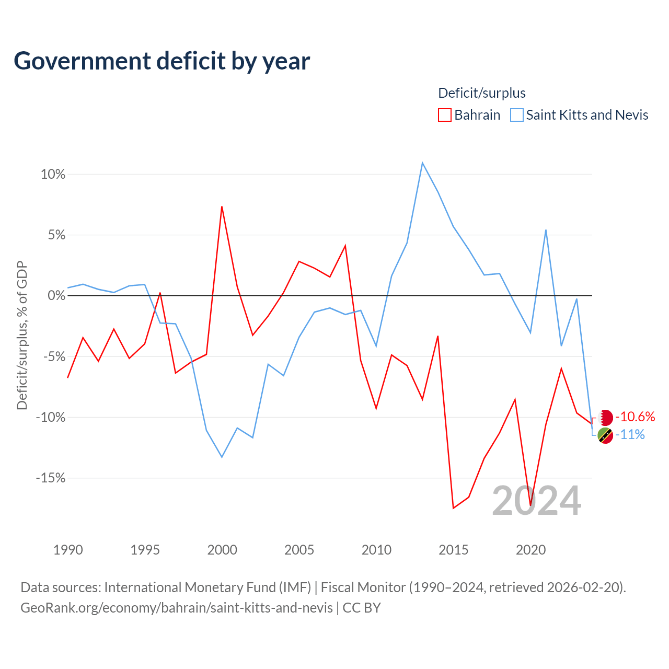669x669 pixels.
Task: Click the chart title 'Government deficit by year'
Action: (x=162, y=62)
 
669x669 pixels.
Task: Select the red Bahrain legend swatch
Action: (x=445, y=115)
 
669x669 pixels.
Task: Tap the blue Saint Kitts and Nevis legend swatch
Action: (x=516, y=115)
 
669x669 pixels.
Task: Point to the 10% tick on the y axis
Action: (x=53, y=174)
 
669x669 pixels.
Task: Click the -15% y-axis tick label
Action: (x=51, y=478)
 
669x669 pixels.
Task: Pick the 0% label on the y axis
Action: (x=56, y=295)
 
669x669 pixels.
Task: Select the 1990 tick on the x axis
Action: (x=68, y=550)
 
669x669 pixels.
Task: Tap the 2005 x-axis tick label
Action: (x=299, y=550)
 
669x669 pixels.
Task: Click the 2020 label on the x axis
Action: (x=531, y=550)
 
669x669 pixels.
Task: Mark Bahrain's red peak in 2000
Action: (x=222, y=207)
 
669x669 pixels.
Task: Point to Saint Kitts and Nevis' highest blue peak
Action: (x=422, y=163)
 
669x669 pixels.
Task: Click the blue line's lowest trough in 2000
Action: (x=222, y=457)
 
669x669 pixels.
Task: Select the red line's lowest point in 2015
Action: (x=454, y=508)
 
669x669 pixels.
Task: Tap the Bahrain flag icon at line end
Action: (x=605, y=417)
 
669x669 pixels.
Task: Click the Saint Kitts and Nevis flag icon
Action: (x=605, y=435)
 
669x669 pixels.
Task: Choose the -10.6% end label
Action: (x=636, y=417)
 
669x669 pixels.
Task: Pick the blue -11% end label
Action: (x=630, y=435)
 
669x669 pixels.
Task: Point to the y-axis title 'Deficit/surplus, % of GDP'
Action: (x=22, y=335)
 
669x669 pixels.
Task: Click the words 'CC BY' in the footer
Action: (x=362, y=608)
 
